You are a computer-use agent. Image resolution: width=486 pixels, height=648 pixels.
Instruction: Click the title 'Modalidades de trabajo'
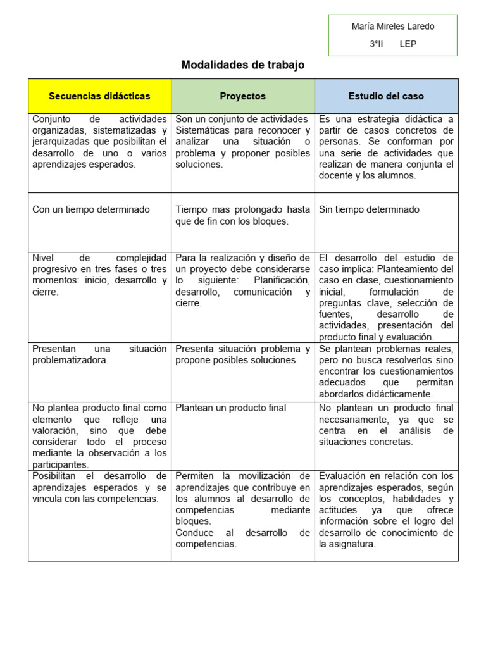pyautogui.click(x=242, y=65)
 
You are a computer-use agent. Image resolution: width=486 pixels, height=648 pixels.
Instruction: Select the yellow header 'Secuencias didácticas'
pyautogui.click(x=99, y=96)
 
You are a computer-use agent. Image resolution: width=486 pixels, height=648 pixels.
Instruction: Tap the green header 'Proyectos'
pyautogui.click(x=242, y=96)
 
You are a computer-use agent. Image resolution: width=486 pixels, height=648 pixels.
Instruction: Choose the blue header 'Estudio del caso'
pyautogui.click(x=386, y=96)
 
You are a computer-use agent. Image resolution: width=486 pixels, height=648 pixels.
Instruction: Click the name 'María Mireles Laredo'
pyautogui.click(x=393, y=27)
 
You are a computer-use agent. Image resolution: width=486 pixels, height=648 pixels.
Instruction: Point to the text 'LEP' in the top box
pyautogui.click(x=408, y=44)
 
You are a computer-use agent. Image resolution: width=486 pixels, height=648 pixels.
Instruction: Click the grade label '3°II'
pyautogui.click(x=377, y=44)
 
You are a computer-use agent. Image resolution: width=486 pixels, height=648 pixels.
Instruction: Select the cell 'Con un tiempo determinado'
pyautogui.click(x=91, y=209)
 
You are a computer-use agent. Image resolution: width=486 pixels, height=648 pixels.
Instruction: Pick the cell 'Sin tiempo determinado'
pyautogui.click(x=369, y=209)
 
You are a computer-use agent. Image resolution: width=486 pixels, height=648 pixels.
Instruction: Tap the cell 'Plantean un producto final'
pyautogui.click(x=230, y=408)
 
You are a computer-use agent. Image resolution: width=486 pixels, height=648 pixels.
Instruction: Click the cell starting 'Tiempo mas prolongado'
pyautogui.click(x=242, y=215)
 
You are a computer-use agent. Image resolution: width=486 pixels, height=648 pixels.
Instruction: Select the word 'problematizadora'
pyautogui.click(x=70, y=360)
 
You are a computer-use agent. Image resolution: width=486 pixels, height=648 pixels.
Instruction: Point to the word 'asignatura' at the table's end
pyautogui.click(x=351, y=544)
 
